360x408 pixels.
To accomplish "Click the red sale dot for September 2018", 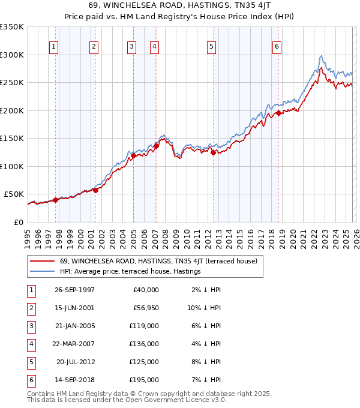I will [x=279, y=113].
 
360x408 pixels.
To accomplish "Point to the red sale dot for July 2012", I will [x=213, y=152].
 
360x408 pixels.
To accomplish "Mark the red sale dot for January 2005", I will [x=133, y=156].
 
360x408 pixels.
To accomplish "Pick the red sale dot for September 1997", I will [x=56, y=200].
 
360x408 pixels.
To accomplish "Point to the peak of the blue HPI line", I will [x=322, y=55].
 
